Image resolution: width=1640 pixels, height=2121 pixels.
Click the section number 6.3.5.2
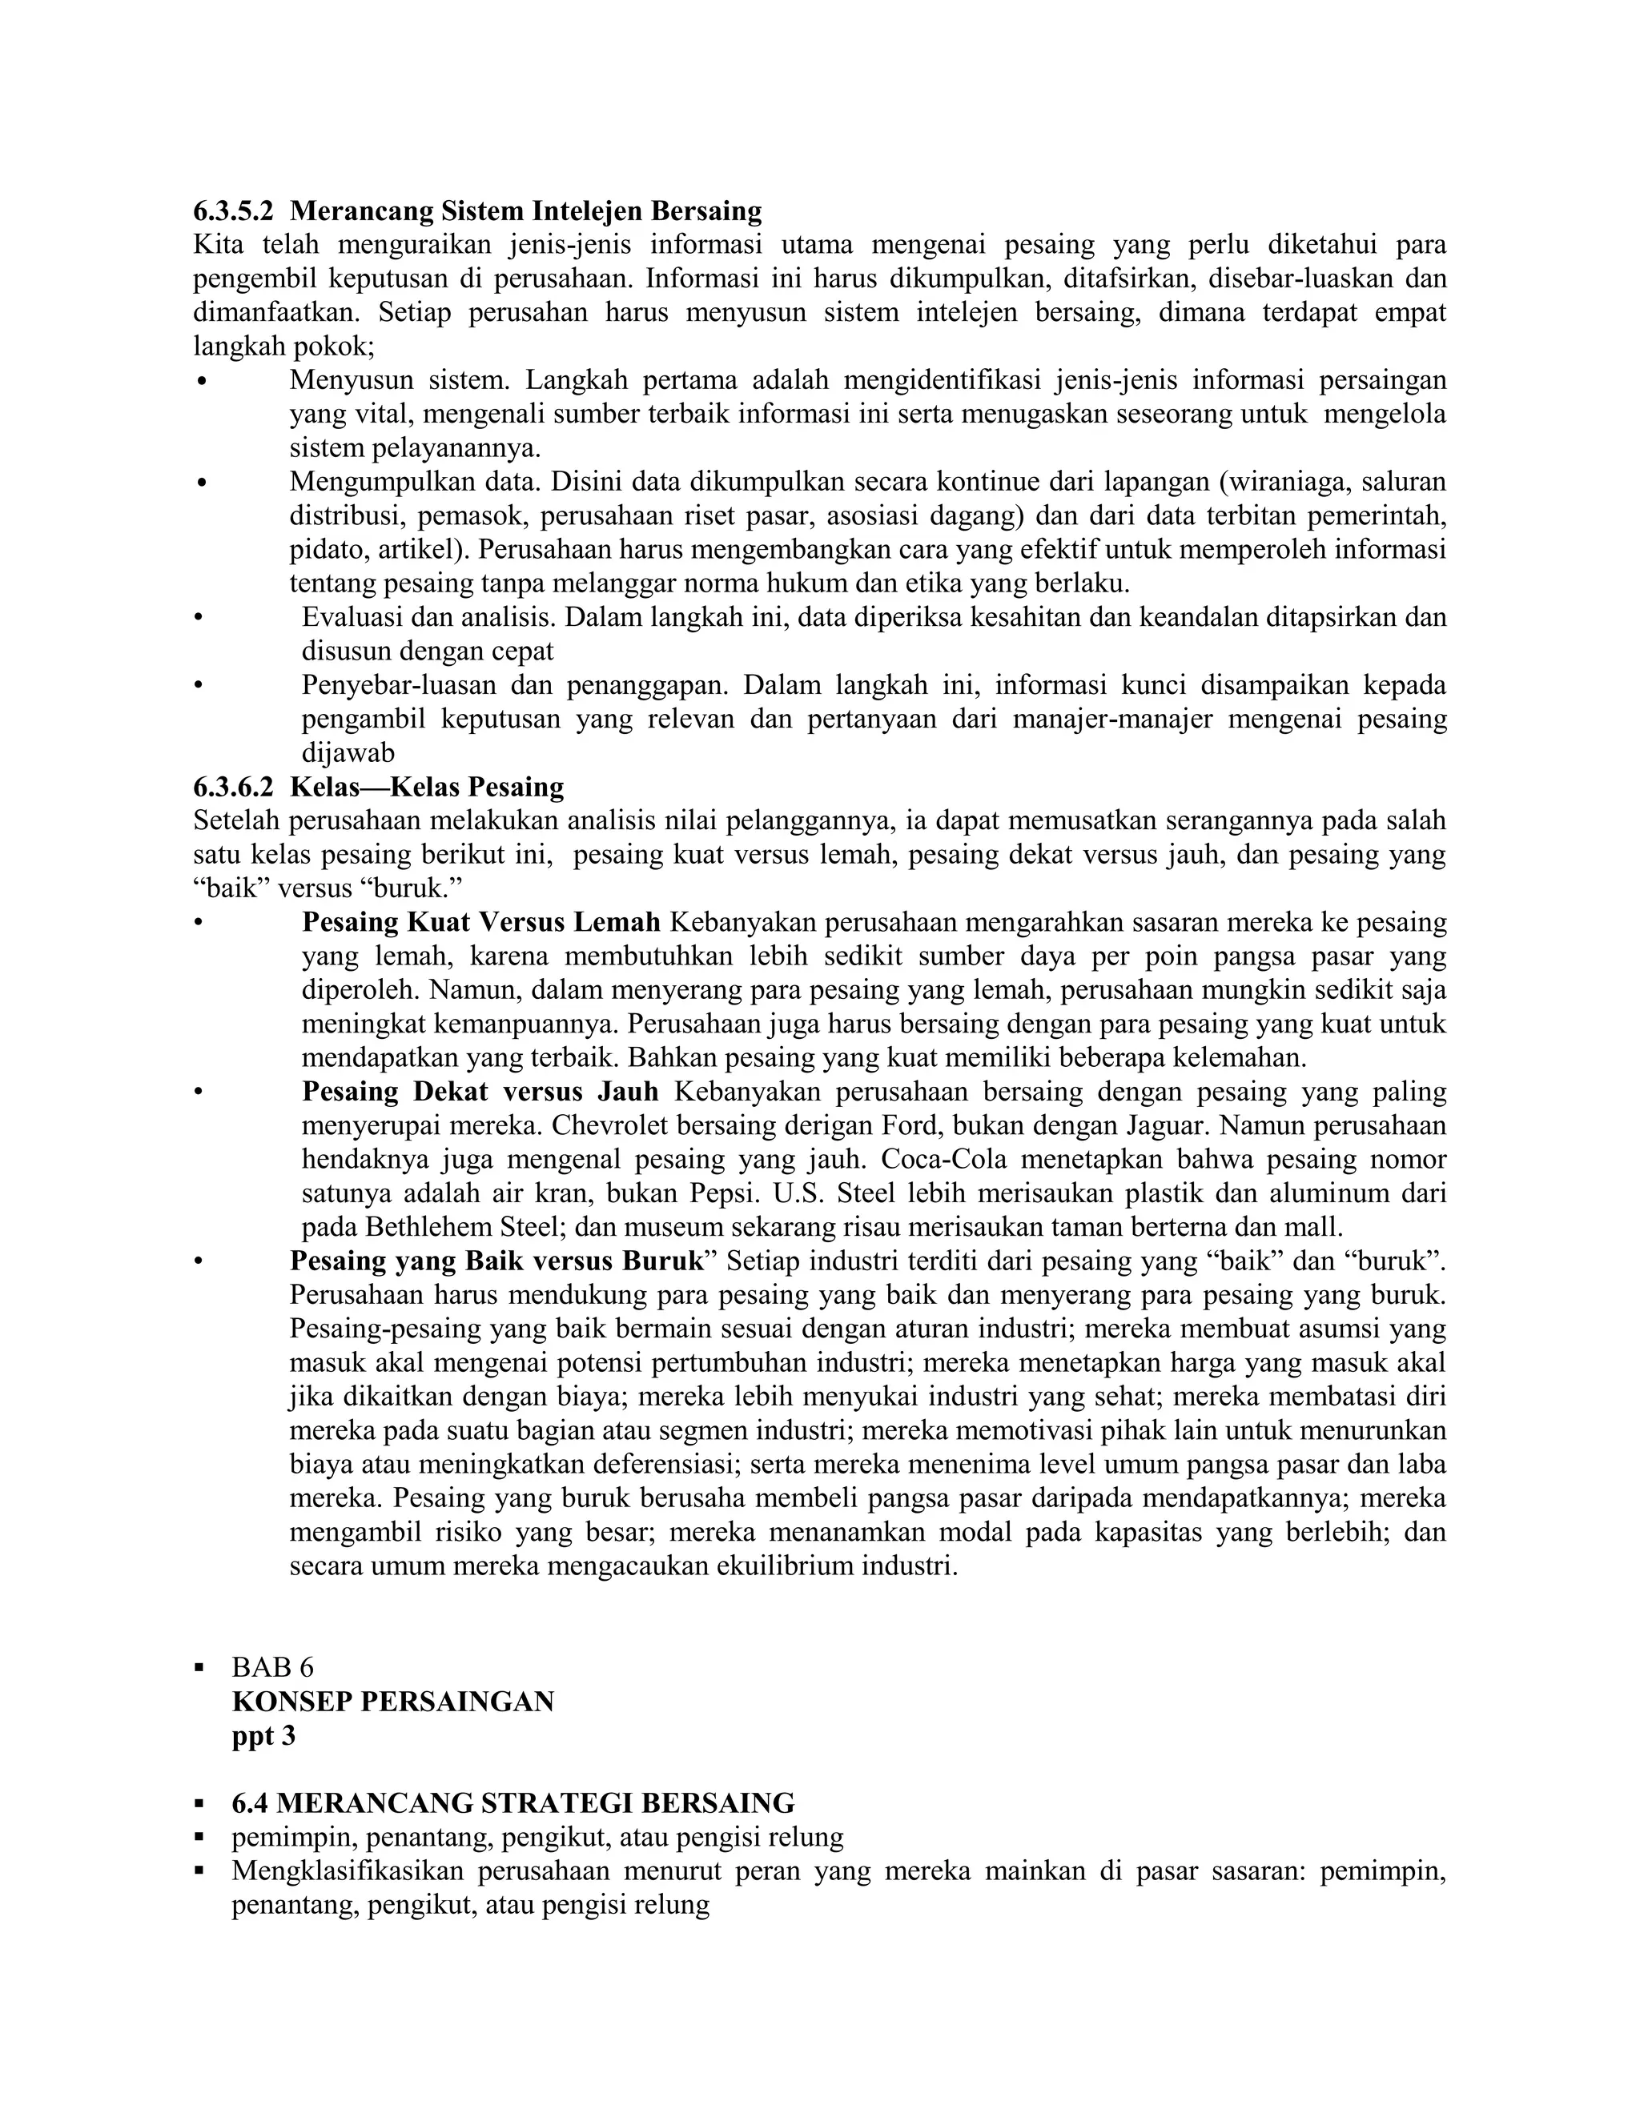[x=233, y=210]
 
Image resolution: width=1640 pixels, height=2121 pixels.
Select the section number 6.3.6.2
[x=233, y=787]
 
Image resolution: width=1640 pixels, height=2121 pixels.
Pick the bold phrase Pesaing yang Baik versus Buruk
[x=496, y=1261]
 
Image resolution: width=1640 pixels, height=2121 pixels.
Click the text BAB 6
[x=273, y=1667]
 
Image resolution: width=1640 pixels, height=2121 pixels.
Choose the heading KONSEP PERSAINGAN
[x=392, y=1702]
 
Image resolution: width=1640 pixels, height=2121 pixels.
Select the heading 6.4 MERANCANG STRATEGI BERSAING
[x=513, y=1803]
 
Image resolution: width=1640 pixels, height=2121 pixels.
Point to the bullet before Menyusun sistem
[x=201, y=382]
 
